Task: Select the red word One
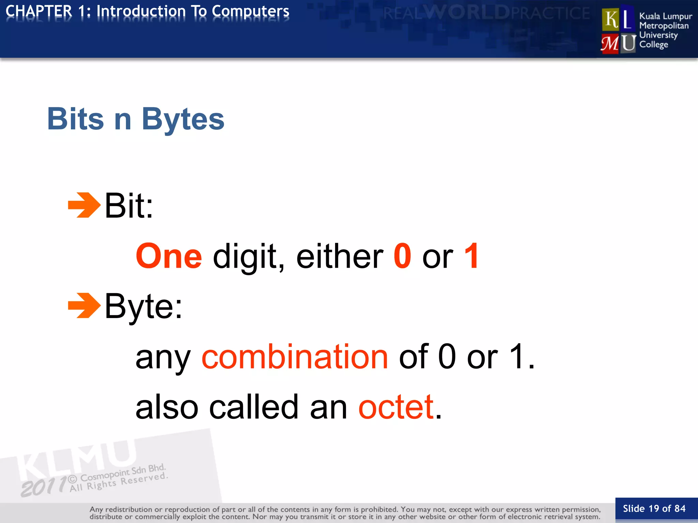pyautogui.click(x=169, y=256)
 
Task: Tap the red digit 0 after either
pyautogui.click(x=402, y=256)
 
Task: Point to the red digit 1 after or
pyautogui.click(x=472, y=256)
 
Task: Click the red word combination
pyautogui.click(x=295, y=356)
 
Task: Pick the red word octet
pyautogui.click(x=396, y=407)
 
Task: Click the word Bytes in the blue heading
pyautogui.click(x=183, y=119)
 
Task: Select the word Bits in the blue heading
pyautogui.click(x=75, y=119)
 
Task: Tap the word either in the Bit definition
pyautogui.click(x=340, y=256)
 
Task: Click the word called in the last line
pyautogui.click(x=254, y=407)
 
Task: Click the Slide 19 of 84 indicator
pyautogui.click(x=654, y=508)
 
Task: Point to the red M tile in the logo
pyautogui.click(x=610, y=44)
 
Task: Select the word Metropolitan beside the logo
pyautogui.click(x=664, y=26)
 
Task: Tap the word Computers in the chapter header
pyautogui.click(x=251, y=11)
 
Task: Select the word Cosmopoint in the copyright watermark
pyautogui.click(x=105, y=475)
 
